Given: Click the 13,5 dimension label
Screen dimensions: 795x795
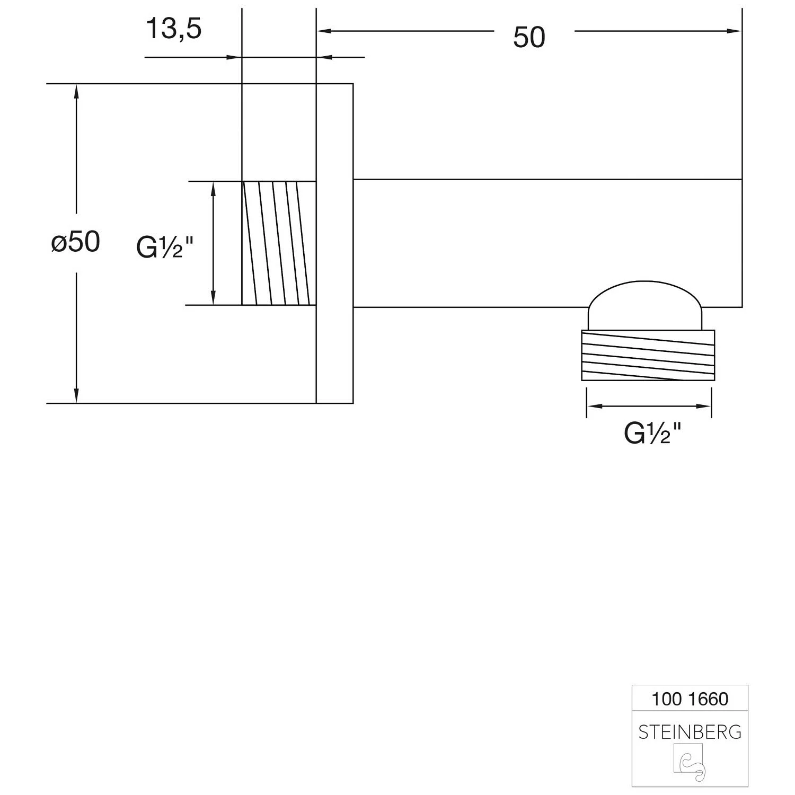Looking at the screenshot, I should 173,29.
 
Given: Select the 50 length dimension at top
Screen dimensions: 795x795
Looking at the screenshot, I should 529,37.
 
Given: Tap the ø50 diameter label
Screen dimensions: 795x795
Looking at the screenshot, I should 75,242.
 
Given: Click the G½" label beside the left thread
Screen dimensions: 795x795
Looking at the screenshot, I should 165,247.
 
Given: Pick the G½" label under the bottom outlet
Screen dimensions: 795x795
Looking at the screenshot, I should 652,434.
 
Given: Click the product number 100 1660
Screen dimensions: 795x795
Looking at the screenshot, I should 690,699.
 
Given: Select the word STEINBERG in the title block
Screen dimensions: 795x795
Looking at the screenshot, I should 690,732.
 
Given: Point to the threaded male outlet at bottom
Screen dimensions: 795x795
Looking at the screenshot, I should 648,355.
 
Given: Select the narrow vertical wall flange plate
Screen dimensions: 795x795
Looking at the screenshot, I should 334,243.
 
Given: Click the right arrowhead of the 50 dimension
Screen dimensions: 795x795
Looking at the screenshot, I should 735,31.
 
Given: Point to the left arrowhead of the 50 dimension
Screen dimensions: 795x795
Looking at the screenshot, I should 323,31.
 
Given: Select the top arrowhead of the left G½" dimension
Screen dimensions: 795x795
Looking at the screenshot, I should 214,188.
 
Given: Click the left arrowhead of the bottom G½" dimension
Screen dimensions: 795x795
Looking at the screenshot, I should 594,407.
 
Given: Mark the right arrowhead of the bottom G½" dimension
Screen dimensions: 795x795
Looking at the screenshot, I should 704,407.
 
